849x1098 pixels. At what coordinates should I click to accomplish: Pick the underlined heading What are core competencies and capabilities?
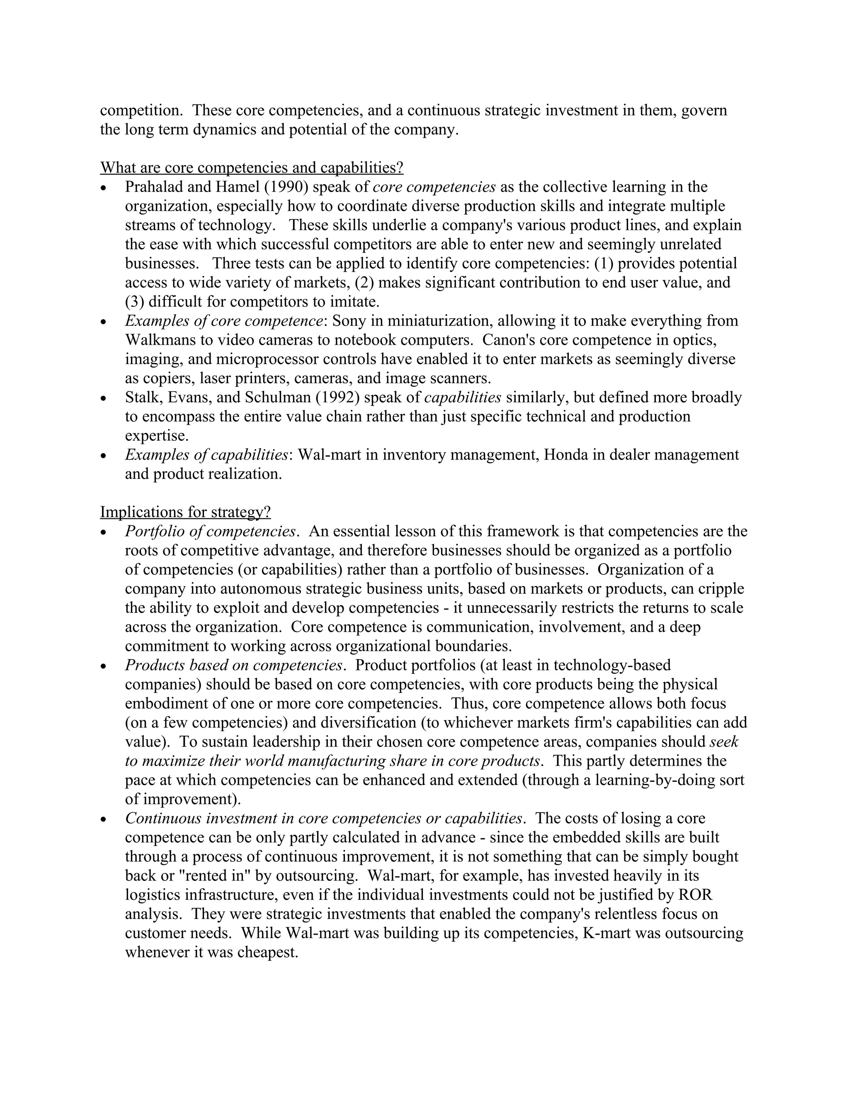click(x=252, y=167)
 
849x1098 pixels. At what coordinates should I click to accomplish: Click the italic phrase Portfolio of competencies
click(x=210, y=532)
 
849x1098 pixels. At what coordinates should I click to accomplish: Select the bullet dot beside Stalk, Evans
click(x=104, y=399)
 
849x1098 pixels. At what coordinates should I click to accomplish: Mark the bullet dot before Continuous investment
click(x=104, y=820)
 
